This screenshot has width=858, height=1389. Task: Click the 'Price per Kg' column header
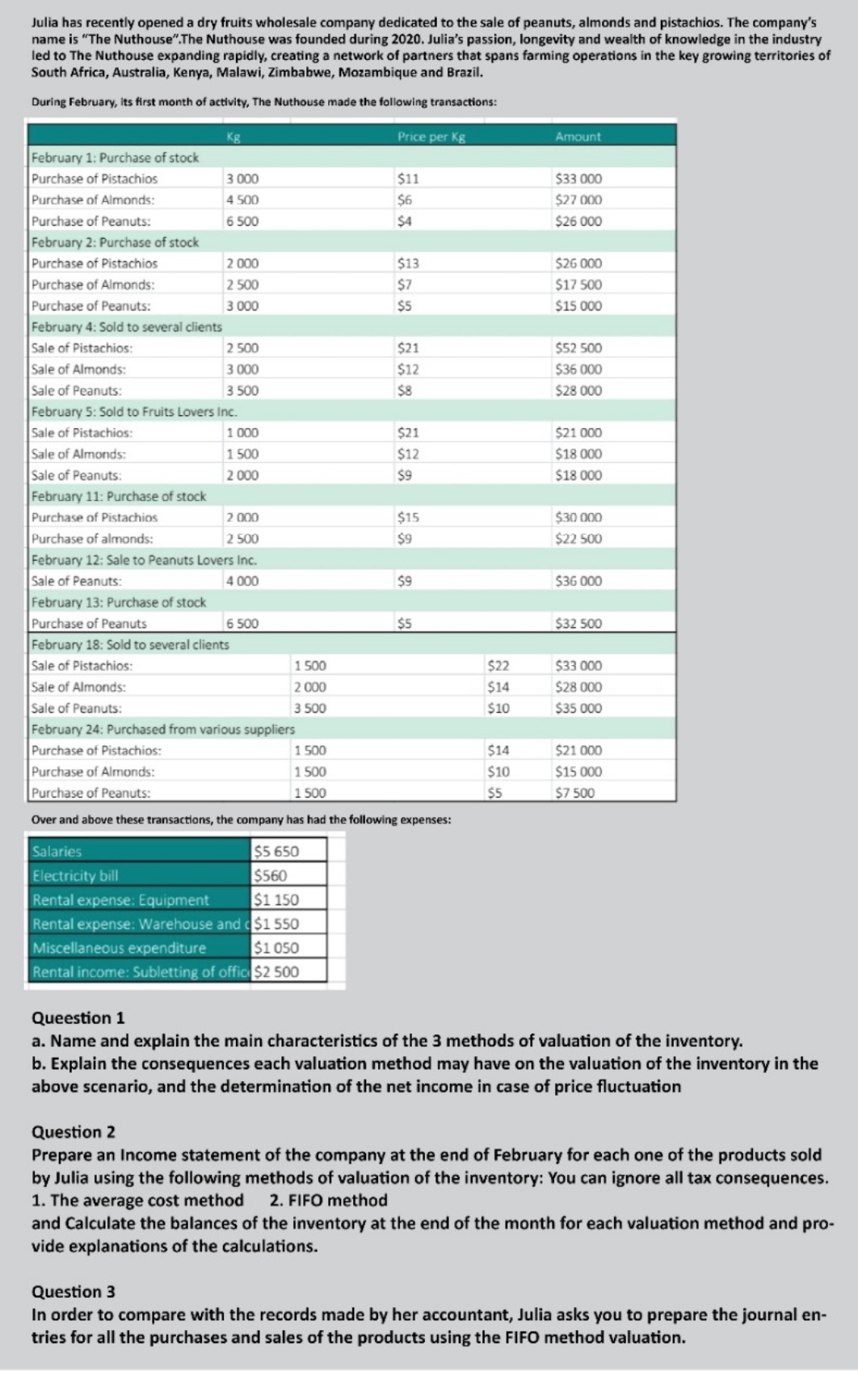[x=431, y=137]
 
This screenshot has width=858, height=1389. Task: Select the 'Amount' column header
[x=578, y=137]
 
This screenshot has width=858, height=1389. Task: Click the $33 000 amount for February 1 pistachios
[x=578, y=179]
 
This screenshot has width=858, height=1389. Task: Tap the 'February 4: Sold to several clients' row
[x=127, y=326]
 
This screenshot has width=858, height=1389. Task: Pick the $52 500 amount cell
[x=578, y=348]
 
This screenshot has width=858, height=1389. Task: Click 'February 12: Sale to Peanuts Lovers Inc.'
[x=144, y=560]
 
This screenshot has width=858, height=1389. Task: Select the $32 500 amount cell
[x=578, y=624]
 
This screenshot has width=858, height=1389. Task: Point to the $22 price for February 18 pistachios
[x=498, y=666]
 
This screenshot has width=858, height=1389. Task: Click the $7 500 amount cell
[x=575, y=793]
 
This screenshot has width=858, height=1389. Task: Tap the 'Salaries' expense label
[x=57, y=852]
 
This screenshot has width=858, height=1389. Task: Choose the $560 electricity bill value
[x=271, y=876]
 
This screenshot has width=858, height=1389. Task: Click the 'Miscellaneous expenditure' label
[x=120, y=948]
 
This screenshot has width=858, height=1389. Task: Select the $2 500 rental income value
[x=276, y=972]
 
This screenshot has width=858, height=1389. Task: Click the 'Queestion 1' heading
[x=78, y=1018]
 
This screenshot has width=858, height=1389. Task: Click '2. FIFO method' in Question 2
[x=329, y=1200]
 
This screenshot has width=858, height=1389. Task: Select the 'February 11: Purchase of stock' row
[x=119, y=496]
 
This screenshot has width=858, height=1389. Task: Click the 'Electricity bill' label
[x=75, y=876]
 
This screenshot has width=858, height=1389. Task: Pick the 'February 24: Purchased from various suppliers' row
[x=163, y=730]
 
